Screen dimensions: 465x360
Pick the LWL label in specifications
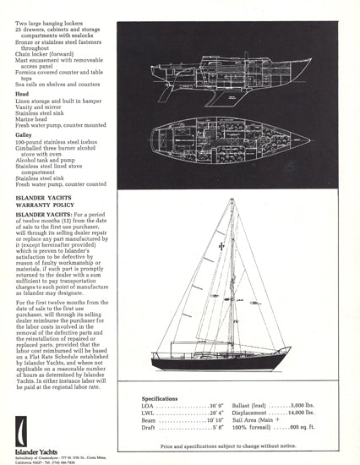tap(150, 413)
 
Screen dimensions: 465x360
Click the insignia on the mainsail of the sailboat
tap(219, 245)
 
